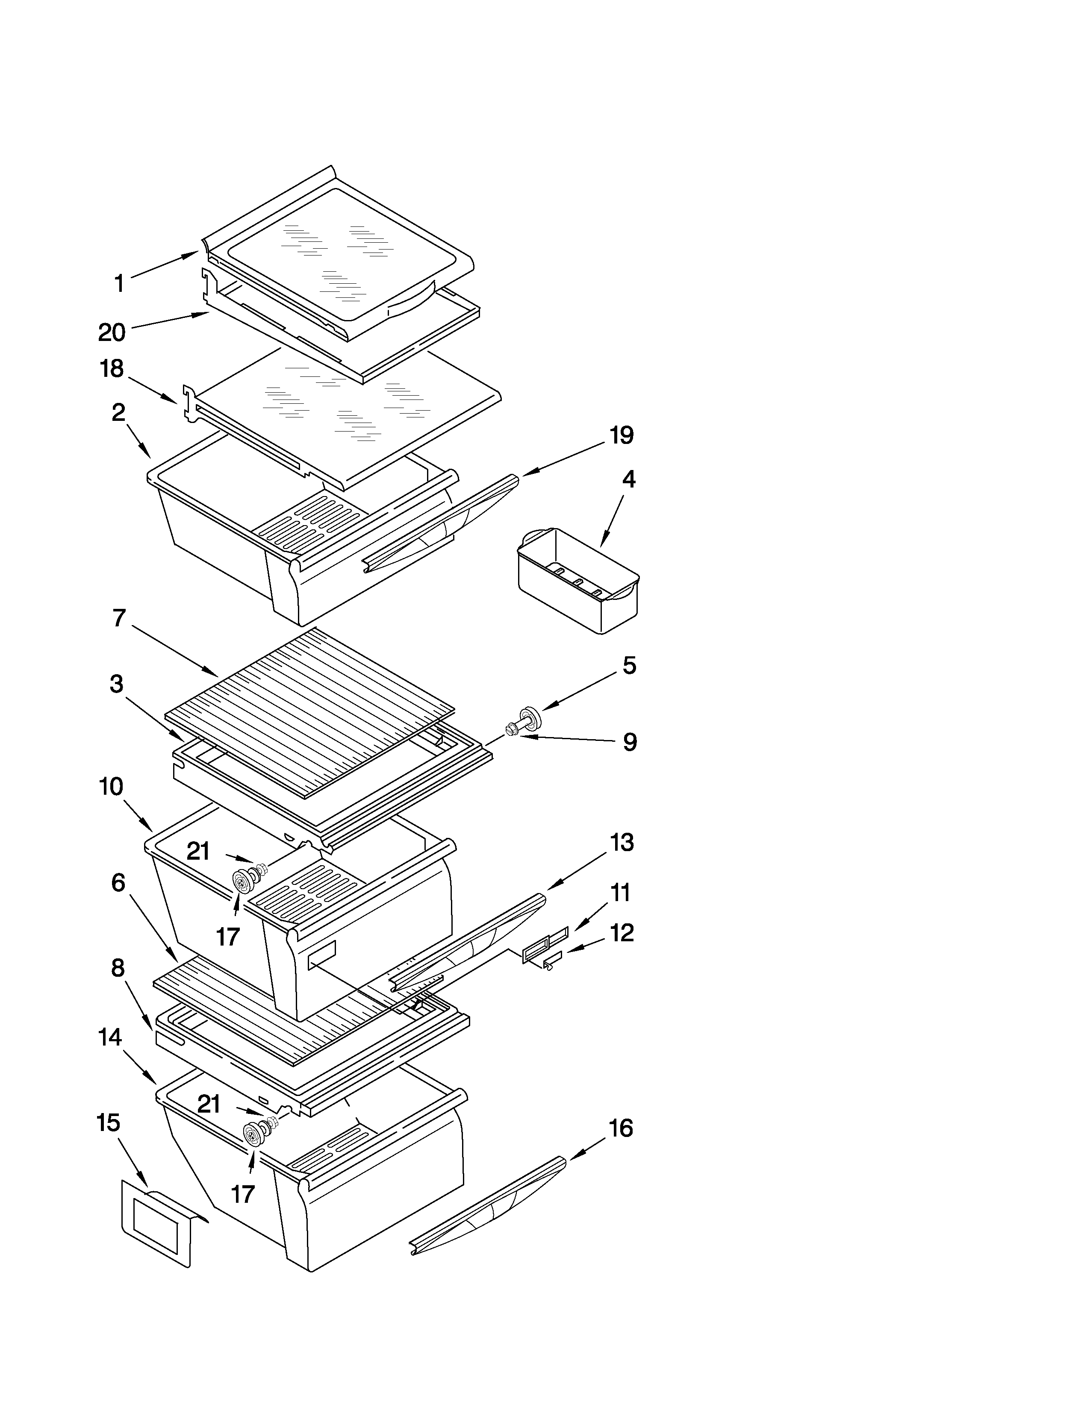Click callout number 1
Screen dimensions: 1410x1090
click(x=119, y=283)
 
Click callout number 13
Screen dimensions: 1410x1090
click(x=621, y=843)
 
